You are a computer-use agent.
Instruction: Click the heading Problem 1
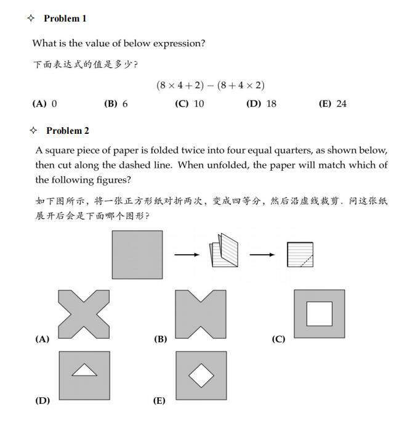point(65,19)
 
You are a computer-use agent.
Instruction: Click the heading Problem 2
point(67,131)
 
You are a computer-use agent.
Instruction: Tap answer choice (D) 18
point(262,104)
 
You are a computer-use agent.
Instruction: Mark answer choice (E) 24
point(333,104)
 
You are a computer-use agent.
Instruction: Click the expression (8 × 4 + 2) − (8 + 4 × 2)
point(210,86)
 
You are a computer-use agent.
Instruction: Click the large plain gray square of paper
point(137,255)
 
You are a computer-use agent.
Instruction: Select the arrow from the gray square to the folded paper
point(187,255)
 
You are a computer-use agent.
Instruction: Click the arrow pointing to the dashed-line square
point(262,255)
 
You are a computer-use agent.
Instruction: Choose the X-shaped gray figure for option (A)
point(84,314)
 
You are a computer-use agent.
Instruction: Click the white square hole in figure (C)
point(319,314)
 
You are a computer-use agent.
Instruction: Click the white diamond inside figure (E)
point(201,374)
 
